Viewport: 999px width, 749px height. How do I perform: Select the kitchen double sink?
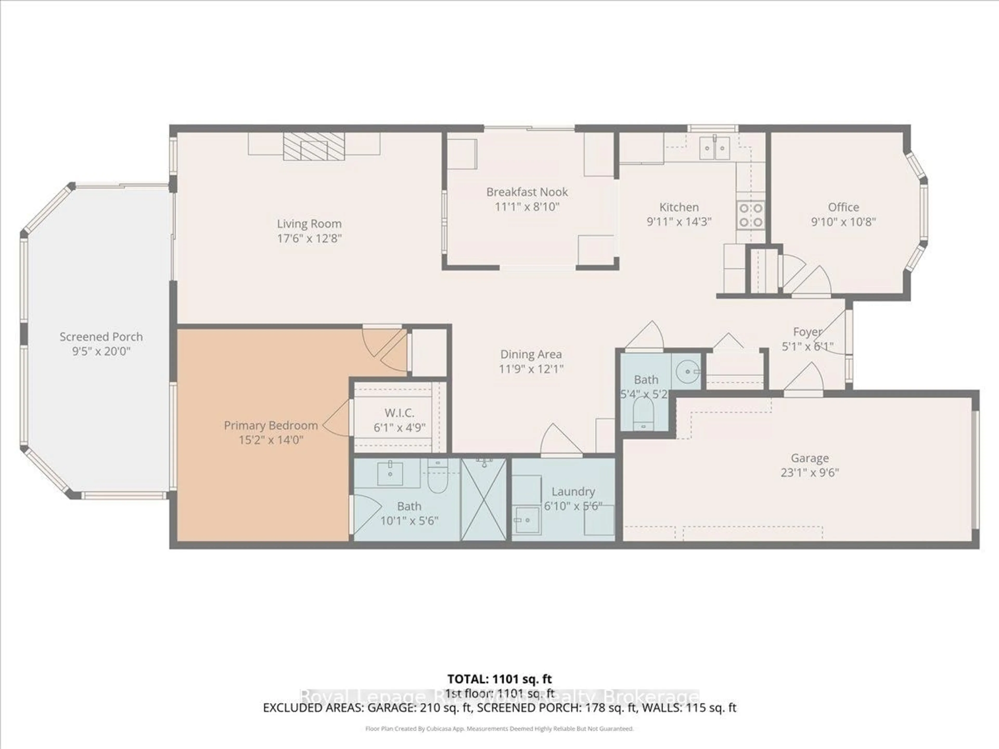click(x=714, y=148)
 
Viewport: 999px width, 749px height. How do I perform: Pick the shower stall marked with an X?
click(x=484, y=499)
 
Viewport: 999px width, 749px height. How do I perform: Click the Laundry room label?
click(x=573, y=491)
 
